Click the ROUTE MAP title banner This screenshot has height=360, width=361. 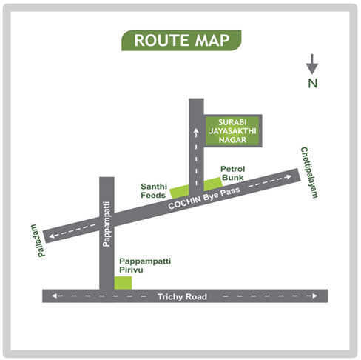point(180,40)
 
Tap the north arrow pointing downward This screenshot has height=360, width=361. point(312,64)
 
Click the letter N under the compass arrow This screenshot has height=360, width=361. point(313,84)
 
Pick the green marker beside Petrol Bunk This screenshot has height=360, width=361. point(212,183)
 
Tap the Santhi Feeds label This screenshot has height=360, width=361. point(155,190)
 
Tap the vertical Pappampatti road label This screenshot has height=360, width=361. point(107,223)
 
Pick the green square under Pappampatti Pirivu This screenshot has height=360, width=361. point(123,281)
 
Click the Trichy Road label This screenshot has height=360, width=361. point(182,296)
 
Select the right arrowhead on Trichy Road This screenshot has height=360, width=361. point(317,296)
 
